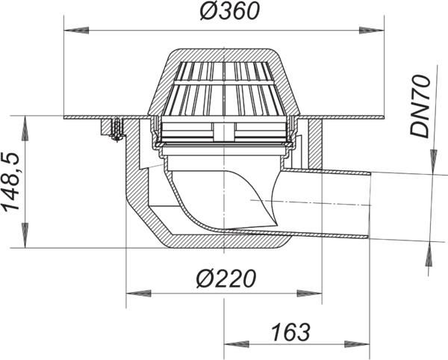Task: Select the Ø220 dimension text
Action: [x=225, y=279]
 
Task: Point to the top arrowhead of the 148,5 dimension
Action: [x=26, y=124]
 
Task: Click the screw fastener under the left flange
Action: [x=115, y=130]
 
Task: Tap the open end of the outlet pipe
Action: [x=369, y=203]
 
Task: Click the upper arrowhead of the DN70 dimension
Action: [x=431, y=158]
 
